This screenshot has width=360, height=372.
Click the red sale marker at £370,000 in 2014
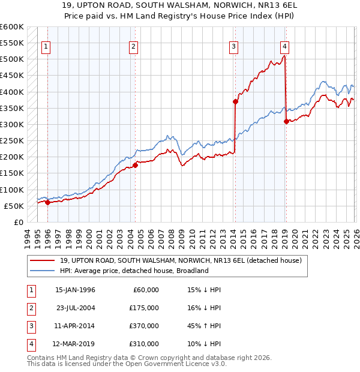point(235,101)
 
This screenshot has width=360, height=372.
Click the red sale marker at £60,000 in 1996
point(47,202)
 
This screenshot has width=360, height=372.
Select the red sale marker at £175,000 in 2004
point(136,165)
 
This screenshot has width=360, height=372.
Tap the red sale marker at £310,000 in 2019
point(286,121)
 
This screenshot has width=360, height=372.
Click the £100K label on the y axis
point(11,190)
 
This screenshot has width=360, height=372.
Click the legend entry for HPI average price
point(134,271)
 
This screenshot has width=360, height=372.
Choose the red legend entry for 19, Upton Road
point(184,260)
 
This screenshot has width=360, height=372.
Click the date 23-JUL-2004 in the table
point(75,308)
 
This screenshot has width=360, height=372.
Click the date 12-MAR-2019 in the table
point(75,344)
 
